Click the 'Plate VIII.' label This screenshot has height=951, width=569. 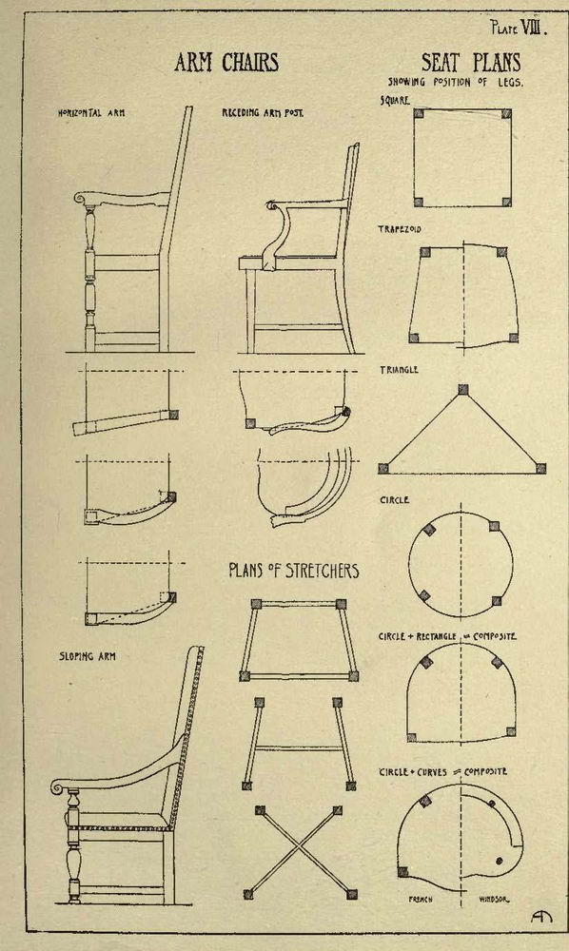[x=519, y=28]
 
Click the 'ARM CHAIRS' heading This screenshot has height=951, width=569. [x=226, y=63]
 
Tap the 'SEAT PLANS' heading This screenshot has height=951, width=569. [x=471, y=63]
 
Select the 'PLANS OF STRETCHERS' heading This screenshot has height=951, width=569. [x=294, y=571]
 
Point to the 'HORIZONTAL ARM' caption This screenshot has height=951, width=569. [x=91, y=113]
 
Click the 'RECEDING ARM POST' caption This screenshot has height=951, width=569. [x=263, y=113]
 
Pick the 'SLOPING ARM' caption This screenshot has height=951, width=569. [x=88, y=656]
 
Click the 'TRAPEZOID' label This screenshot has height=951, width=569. [x=399, y=229]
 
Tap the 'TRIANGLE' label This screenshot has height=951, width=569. [x=399, y=369]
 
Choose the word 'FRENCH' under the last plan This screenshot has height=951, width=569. [x=421, y=900]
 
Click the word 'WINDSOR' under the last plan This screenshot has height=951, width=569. [x=495, y=900]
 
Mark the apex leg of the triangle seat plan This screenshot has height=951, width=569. [x=463, y=389]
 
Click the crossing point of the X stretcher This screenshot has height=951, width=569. [x=298, y=850]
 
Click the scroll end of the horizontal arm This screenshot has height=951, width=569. [x=80, y=198]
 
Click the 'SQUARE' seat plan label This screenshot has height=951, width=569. [x=395, y=101]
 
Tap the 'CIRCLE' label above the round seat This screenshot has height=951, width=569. [x=394, y=500]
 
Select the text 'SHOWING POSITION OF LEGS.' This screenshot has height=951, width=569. [x=455, y=82]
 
